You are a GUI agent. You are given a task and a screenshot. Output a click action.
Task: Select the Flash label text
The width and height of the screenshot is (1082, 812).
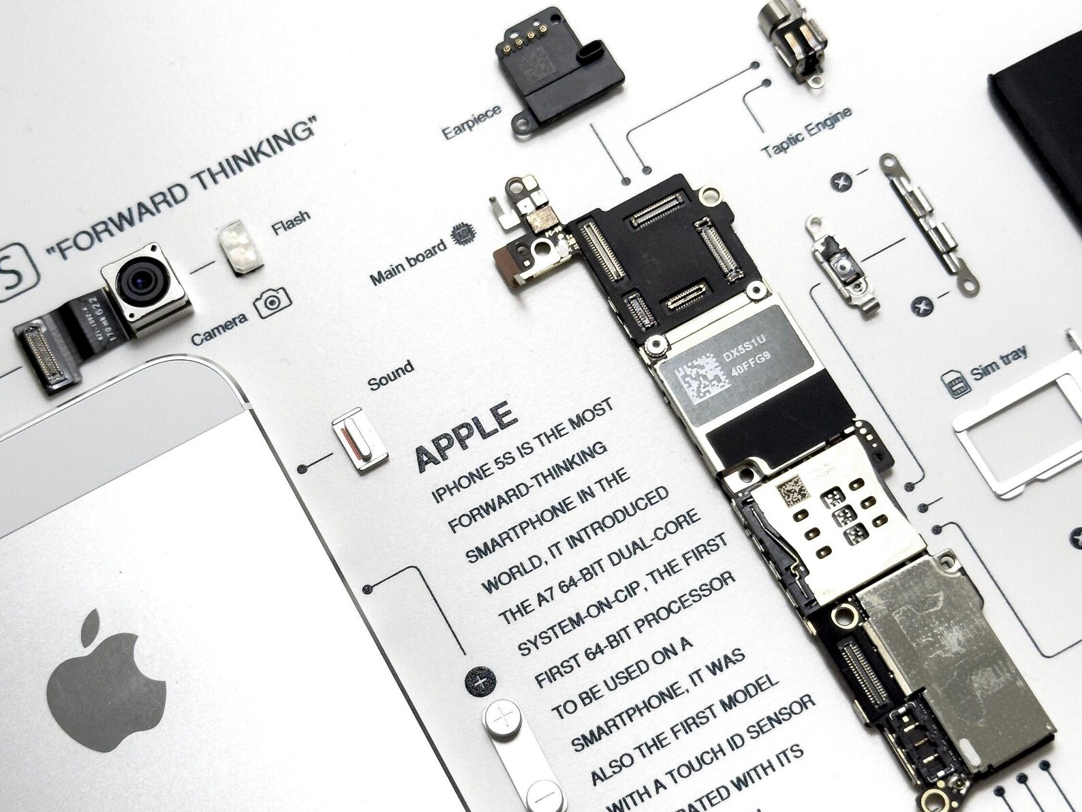tap(291, 222)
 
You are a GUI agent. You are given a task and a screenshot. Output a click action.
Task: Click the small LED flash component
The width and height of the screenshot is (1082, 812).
tap(239, 248)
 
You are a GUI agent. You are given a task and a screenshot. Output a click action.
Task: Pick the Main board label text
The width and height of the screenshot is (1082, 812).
tap(408, 261)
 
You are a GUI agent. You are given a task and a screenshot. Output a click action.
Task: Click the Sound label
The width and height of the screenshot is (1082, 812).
tap(390, 375)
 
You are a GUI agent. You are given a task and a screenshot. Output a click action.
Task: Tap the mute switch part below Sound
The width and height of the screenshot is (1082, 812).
tap(359, 443)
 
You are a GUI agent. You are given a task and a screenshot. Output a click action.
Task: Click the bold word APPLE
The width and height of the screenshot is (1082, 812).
tap(465, 434)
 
